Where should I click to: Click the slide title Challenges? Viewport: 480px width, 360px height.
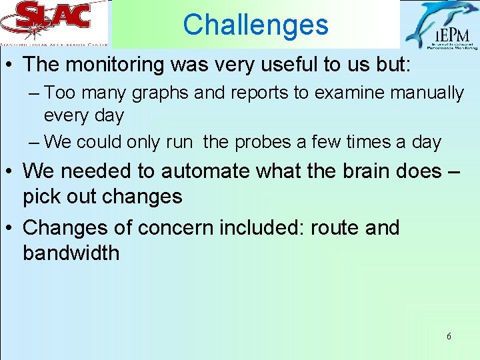pyautogui.click(x=255, y=25)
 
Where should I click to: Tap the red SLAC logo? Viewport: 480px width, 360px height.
pyautogui.click(x=54, y=18)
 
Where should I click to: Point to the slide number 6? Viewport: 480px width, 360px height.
pyautogui.click(x=449, y=337)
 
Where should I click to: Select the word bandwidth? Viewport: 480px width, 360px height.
pyautogui.click(x=71, y=253)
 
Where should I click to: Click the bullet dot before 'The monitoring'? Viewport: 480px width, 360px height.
pyautogui.click(x=11, y=65)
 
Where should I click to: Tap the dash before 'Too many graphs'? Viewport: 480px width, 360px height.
pyautogui.click(x=35, y=93)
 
